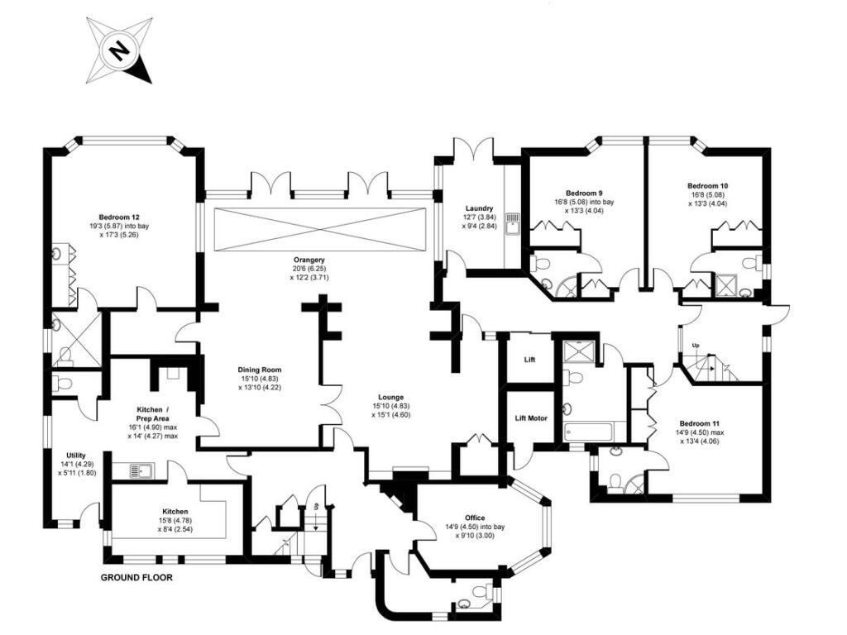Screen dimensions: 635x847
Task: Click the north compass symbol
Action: (x=120, y=52)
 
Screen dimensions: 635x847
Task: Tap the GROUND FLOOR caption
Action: (x=136, y=578)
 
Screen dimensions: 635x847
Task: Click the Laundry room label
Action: (x=479, y=208)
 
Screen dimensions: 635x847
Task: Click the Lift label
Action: (x=531, y=360)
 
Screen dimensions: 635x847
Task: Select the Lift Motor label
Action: (x=531, y=418)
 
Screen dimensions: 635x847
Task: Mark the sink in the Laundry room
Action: (x=513, y=222)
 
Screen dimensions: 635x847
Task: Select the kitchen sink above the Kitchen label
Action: (x=138, y=470)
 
